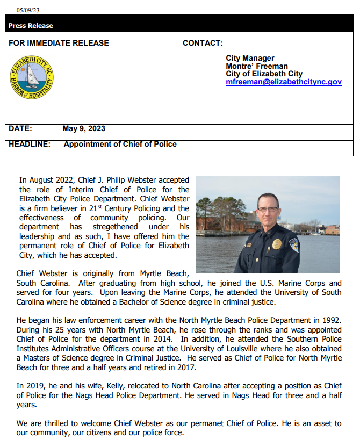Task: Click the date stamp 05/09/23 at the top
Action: click(x=28, y=10)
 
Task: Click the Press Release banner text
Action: click(x=31, y=26)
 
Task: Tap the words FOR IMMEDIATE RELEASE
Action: click(x=59, y=43)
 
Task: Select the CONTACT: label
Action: click(x=203, y=43)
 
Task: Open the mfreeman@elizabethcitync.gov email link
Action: click(x=283, y=82)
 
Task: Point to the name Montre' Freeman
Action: click(x=257, y=66)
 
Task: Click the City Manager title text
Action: click(x=250, y=58)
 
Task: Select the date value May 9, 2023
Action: click(x=84, y=128)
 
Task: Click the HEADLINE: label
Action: click(x=30, y=144)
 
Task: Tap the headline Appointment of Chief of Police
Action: click(x=120, y=144)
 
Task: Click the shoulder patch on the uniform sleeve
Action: click(x=294, y=246)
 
